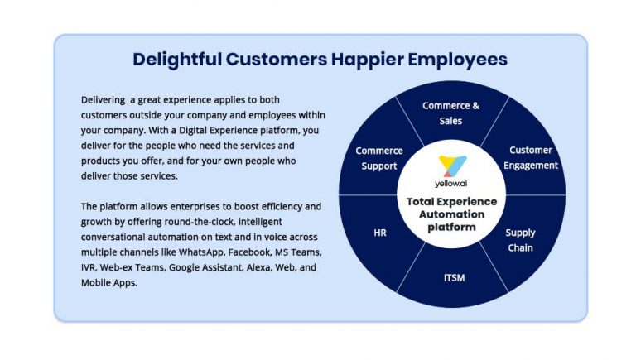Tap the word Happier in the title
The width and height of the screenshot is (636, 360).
369,60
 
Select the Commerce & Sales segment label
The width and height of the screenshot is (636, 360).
450,113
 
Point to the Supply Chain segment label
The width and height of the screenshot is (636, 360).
520,240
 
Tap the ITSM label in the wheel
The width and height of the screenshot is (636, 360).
453,277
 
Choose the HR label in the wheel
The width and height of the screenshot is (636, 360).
379,233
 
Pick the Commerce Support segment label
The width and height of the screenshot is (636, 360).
379,158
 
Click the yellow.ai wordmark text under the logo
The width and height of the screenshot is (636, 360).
452,183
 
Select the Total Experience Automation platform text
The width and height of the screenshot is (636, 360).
452,214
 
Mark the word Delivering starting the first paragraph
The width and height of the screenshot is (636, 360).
102,98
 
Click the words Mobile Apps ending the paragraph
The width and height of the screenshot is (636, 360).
108,282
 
